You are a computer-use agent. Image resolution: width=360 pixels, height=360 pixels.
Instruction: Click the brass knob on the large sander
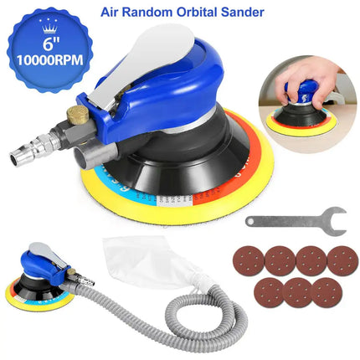pyautogui.click(x=105, y=116)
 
